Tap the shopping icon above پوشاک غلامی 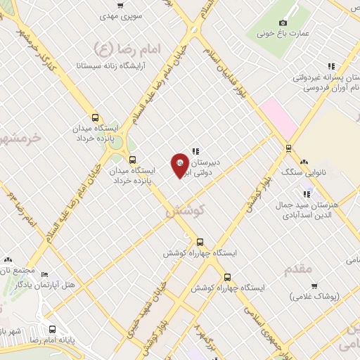click(314, 286)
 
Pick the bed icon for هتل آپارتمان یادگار click(45, 274)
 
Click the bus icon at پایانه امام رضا click(53, 328)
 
